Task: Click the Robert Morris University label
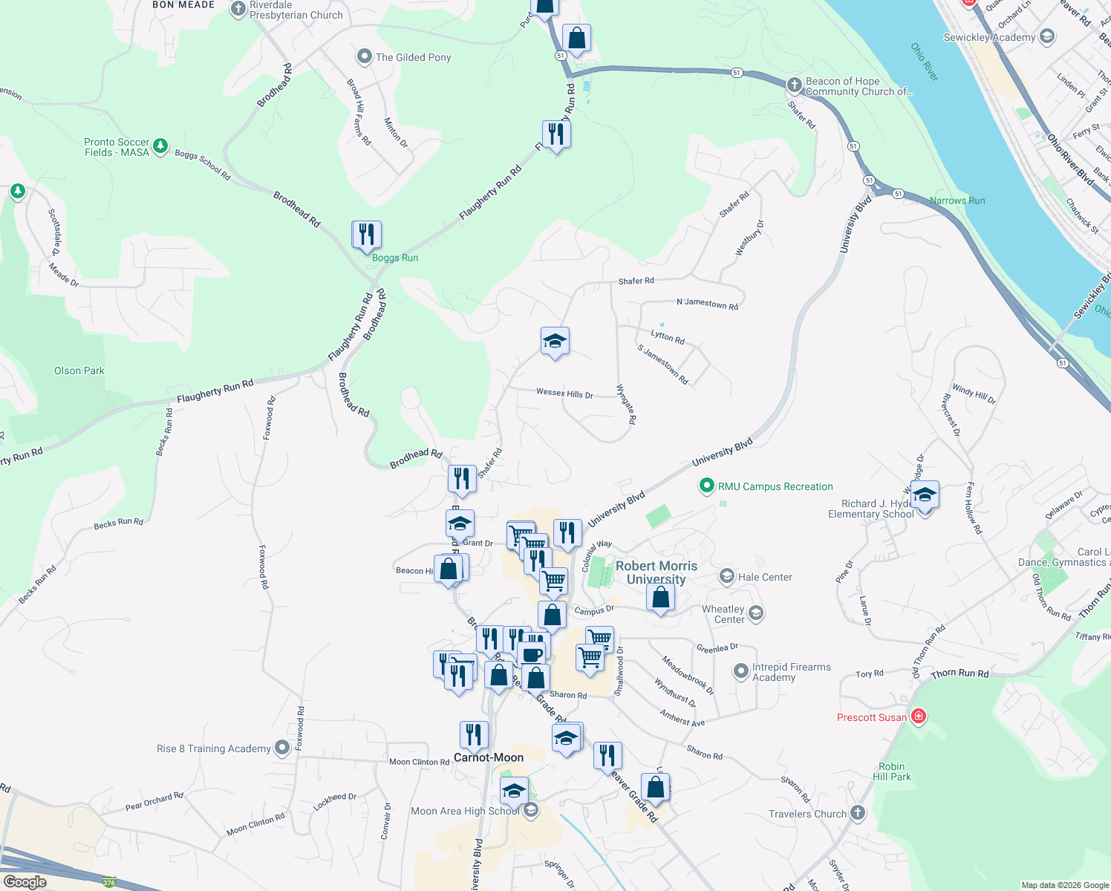click(x=656, y=572)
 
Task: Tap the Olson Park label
click(x=79, y=371)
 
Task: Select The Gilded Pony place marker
click(x=364, y=56)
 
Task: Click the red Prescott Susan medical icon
click(x=919, y=717)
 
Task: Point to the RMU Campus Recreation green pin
click(x=706, y=486)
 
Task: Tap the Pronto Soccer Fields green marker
click(x=160, y=146)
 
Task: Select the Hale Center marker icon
click(x=727, y=577)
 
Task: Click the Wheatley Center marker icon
click(x=756, y=613)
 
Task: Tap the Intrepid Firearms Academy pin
click(x=740, y=671)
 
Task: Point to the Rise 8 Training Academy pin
click(x=282, y=748)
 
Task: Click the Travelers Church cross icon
click(x=858, y=813)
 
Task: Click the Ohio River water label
click(x=925, y=62)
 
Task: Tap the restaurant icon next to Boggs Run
click(x=366, y=235)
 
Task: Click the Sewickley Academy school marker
click(x=1047, y=36)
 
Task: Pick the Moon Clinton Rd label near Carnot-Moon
click(x=419, y=762)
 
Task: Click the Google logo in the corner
click(x=25, y=882)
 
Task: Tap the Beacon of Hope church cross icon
click(x=795, y=85)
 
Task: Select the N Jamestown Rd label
click(x=707, y=304)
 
